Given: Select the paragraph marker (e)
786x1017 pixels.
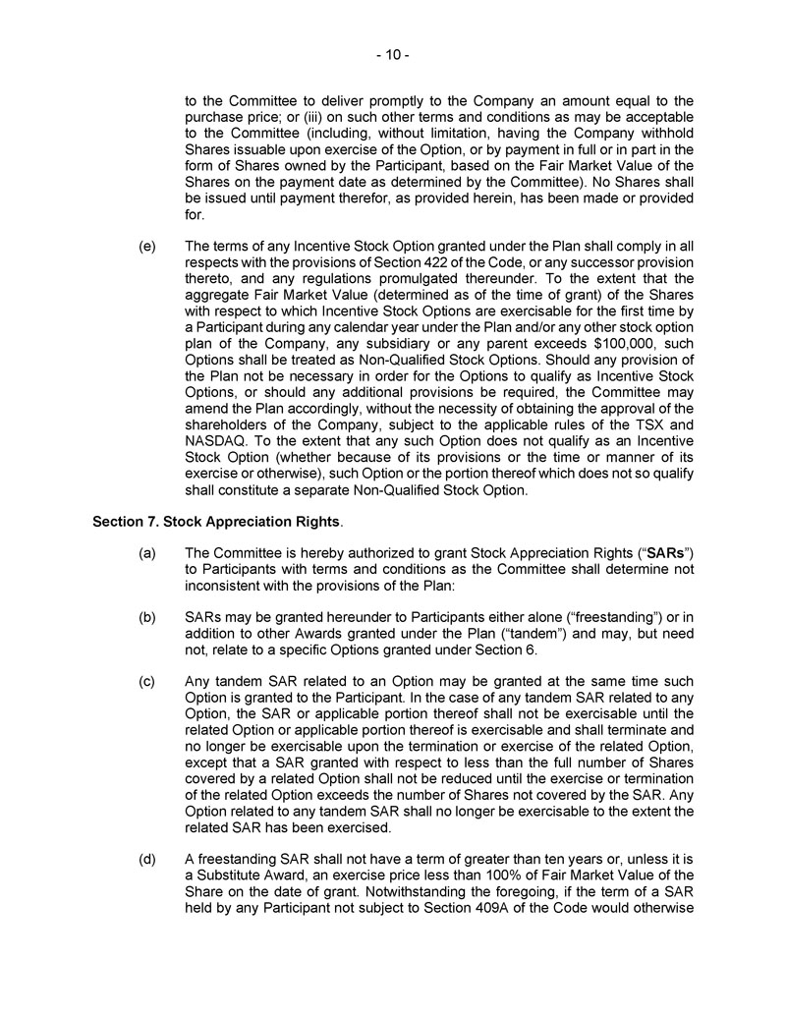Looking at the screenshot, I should tap(147, 247).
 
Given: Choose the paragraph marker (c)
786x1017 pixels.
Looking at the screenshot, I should tap(147, 682).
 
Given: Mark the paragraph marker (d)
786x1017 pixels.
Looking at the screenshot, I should tap(147, 857).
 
